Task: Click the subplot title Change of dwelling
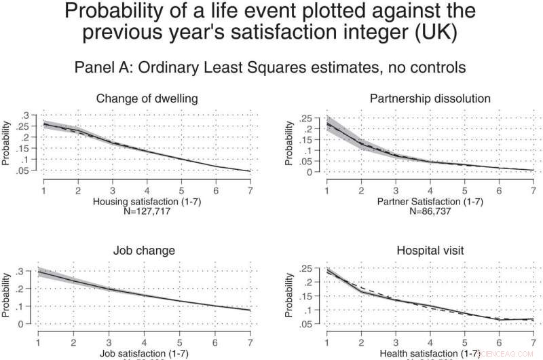[147, 98]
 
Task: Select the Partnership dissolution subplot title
[430, 98]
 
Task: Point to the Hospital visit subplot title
[430, 250]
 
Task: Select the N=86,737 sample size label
[430, 211]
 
